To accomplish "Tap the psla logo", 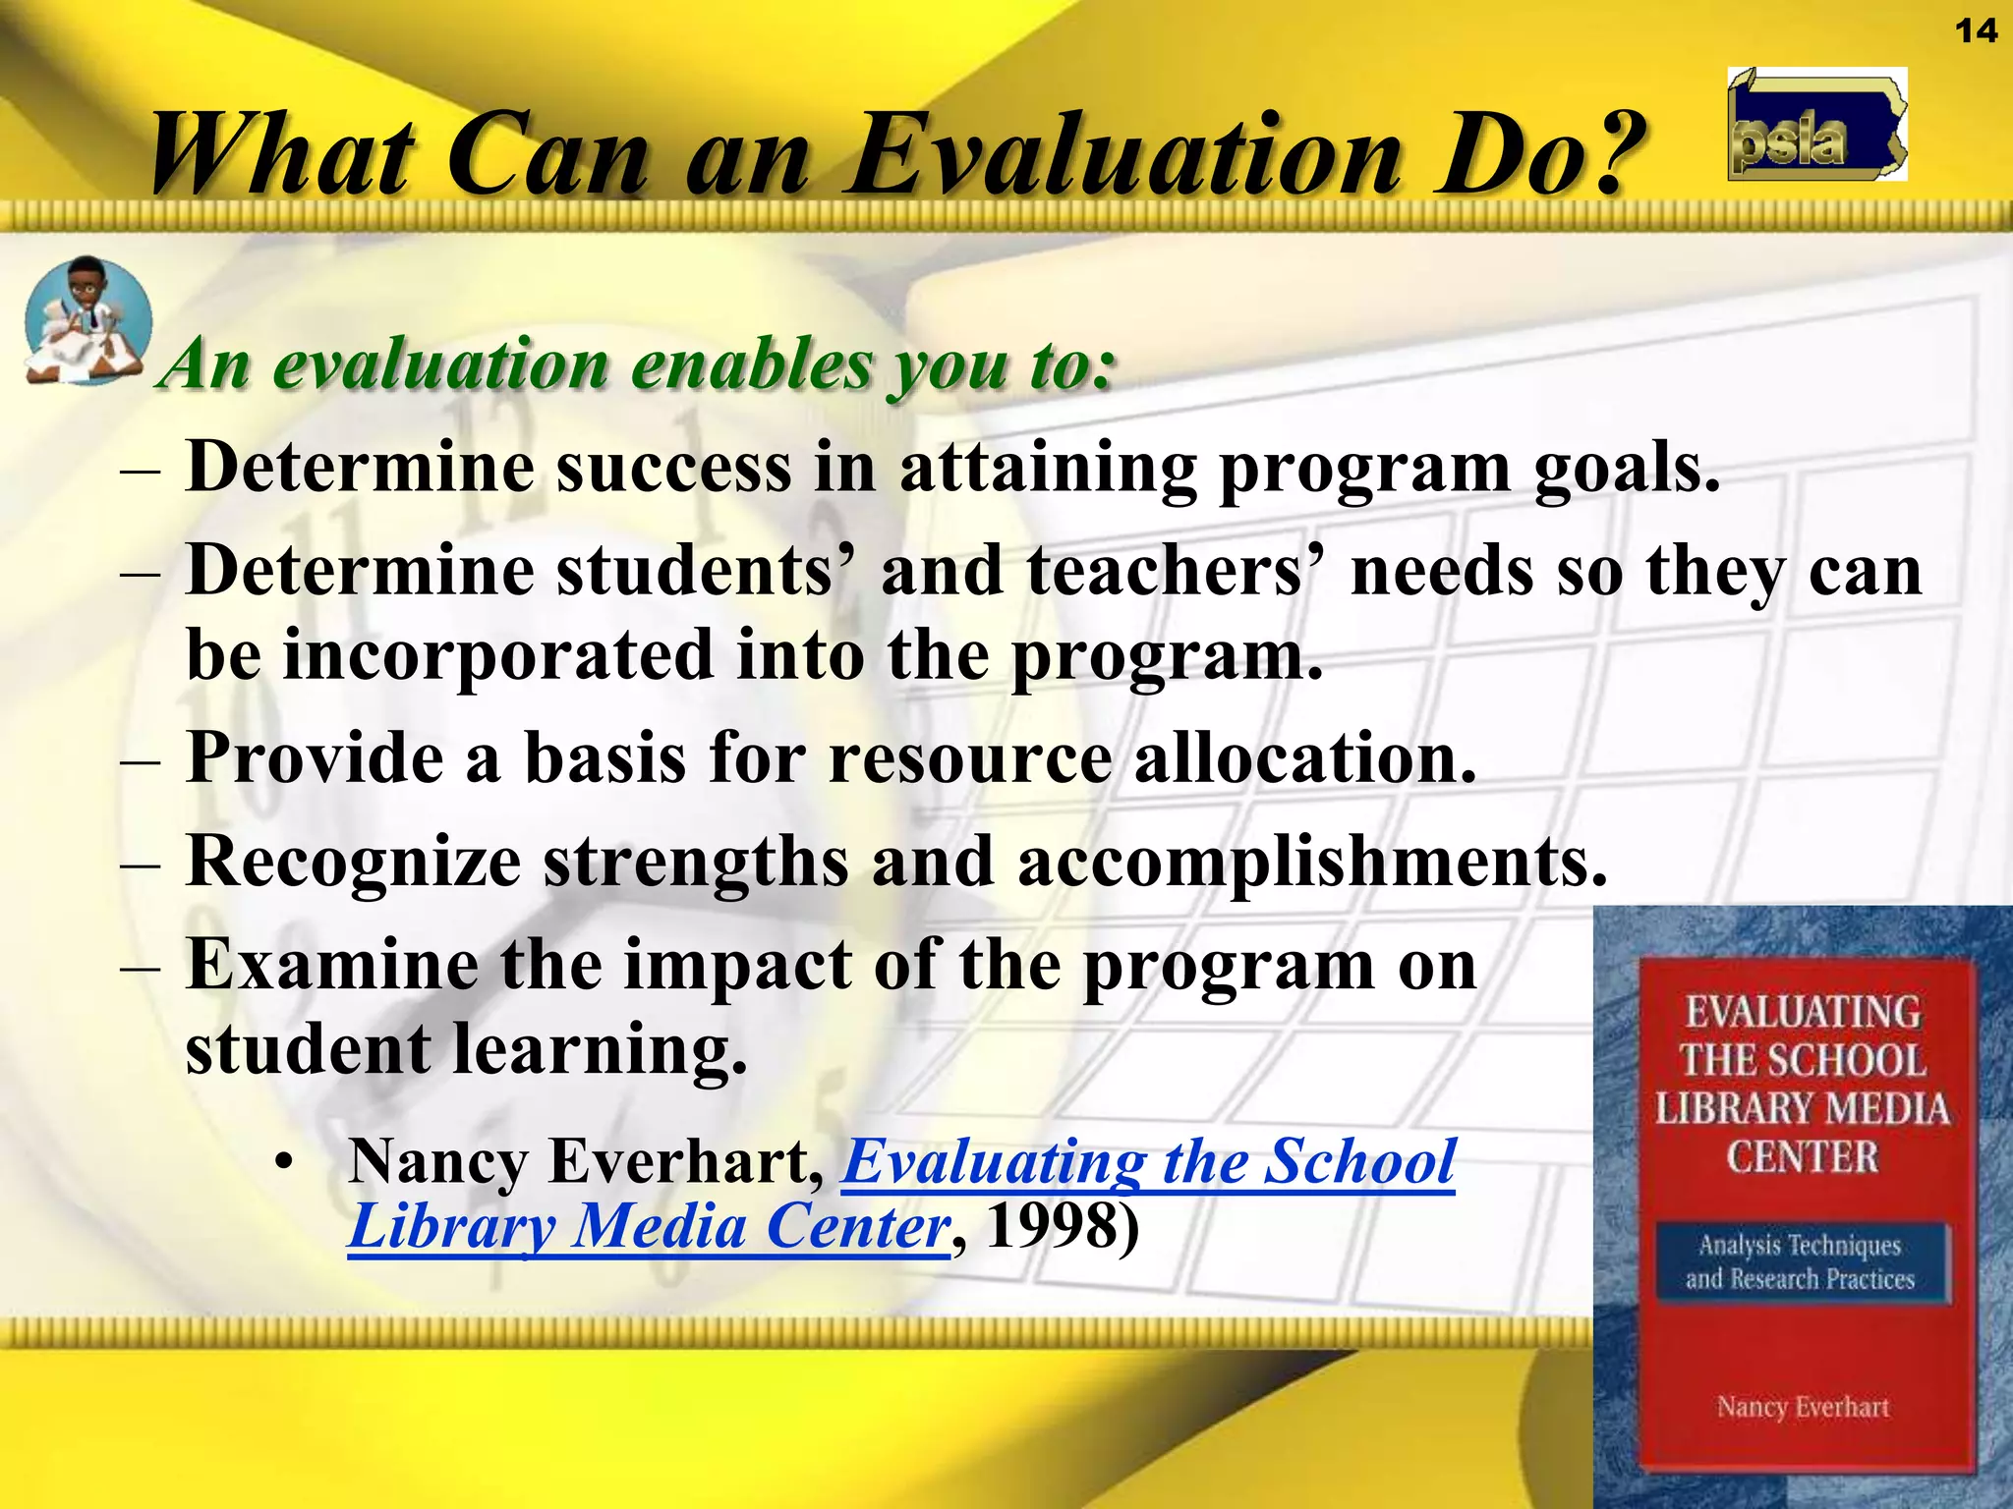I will (x=1816, y=125).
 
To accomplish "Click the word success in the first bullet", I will (x=672, y=468).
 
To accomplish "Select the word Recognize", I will (x=353, y=863).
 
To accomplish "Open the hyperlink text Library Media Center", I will (x=649, y=1228).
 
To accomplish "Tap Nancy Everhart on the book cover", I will (x=1802, y=1407).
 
